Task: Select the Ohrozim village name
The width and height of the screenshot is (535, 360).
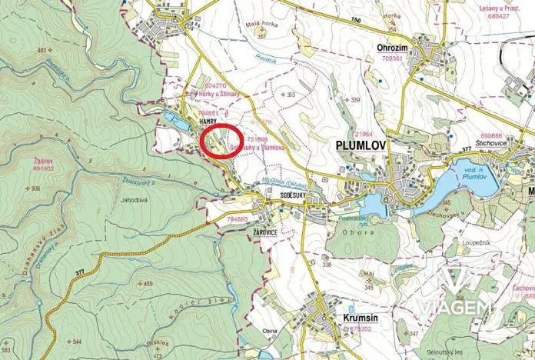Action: pos(394,45)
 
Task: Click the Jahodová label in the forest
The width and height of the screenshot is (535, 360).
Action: pos(134,200)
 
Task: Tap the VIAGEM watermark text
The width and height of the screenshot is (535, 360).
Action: pos(455,308)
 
